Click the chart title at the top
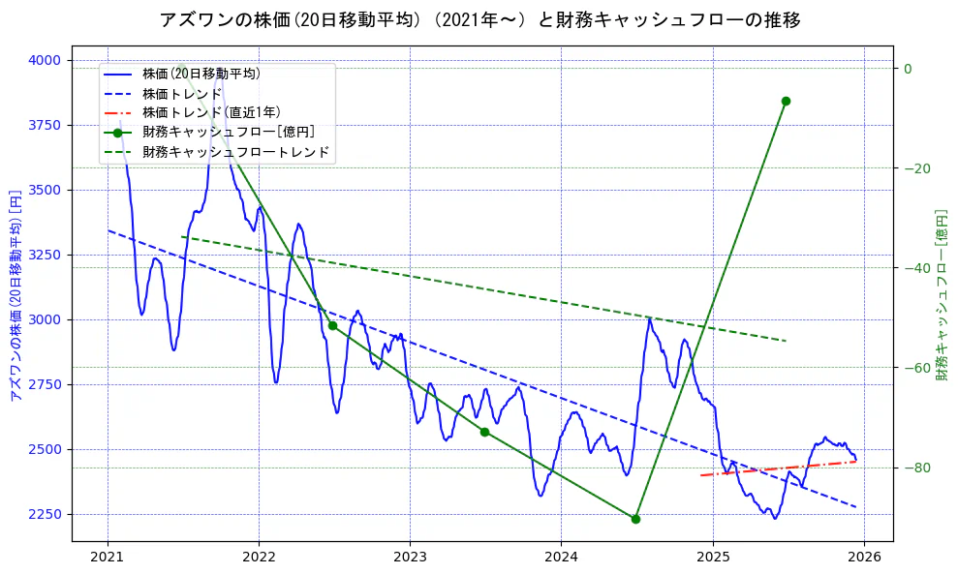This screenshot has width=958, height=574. (479, 19)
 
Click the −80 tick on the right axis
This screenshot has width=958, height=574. (915, 468)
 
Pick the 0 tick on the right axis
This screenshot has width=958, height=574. (908, 69)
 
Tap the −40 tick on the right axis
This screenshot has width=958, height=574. (915, 268)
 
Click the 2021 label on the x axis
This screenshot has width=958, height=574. (108, 557)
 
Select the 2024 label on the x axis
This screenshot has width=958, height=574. (561, 557)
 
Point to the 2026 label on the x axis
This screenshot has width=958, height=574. (864, 557)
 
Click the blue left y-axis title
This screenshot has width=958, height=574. (15, 294)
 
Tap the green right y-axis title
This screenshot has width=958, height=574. (942, 294)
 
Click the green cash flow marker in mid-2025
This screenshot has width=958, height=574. (786, 101)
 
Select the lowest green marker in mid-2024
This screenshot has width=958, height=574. (635, 519)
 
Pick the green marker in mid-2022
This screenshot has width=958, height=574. (332, 325)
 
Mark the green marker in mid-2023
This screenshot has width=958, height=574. (484, 432)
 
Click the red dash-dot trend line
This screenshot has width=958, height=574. (775, 468)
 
